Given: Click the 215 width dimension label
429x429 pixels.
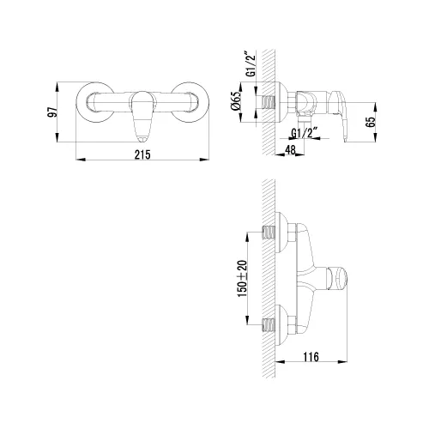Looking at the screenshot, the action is pyautogui.click(x=142, y=154).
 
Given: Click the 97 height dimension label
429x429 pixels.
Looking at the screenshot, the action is pyautogui.click(x=52, y=112).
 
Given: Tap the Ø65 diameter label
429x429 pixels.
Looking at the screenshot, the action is pyautogui.click(x=236, y=102).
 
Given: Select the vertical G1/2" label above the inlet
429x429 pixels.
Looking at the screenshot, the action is pyautogui.click(x=251, y=64).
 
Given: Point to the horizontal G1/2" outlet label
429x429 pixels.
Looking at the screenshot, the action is pyautogui.click(x=305, y=133).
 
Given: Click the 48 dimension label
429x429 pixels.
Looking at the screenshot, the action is pyautogui.click(x=290, y=150).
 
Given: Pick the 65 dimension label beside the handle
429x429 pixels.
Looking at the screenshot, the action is pyautogui.click(x=371, y=122).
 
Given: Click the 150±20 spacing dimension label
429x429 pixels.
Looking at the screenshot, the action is pyautogui.click(x=243, y=278).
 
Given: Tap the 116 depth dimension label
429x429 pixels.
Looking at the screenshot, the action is pyautogui.click(x=311, y=357).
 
